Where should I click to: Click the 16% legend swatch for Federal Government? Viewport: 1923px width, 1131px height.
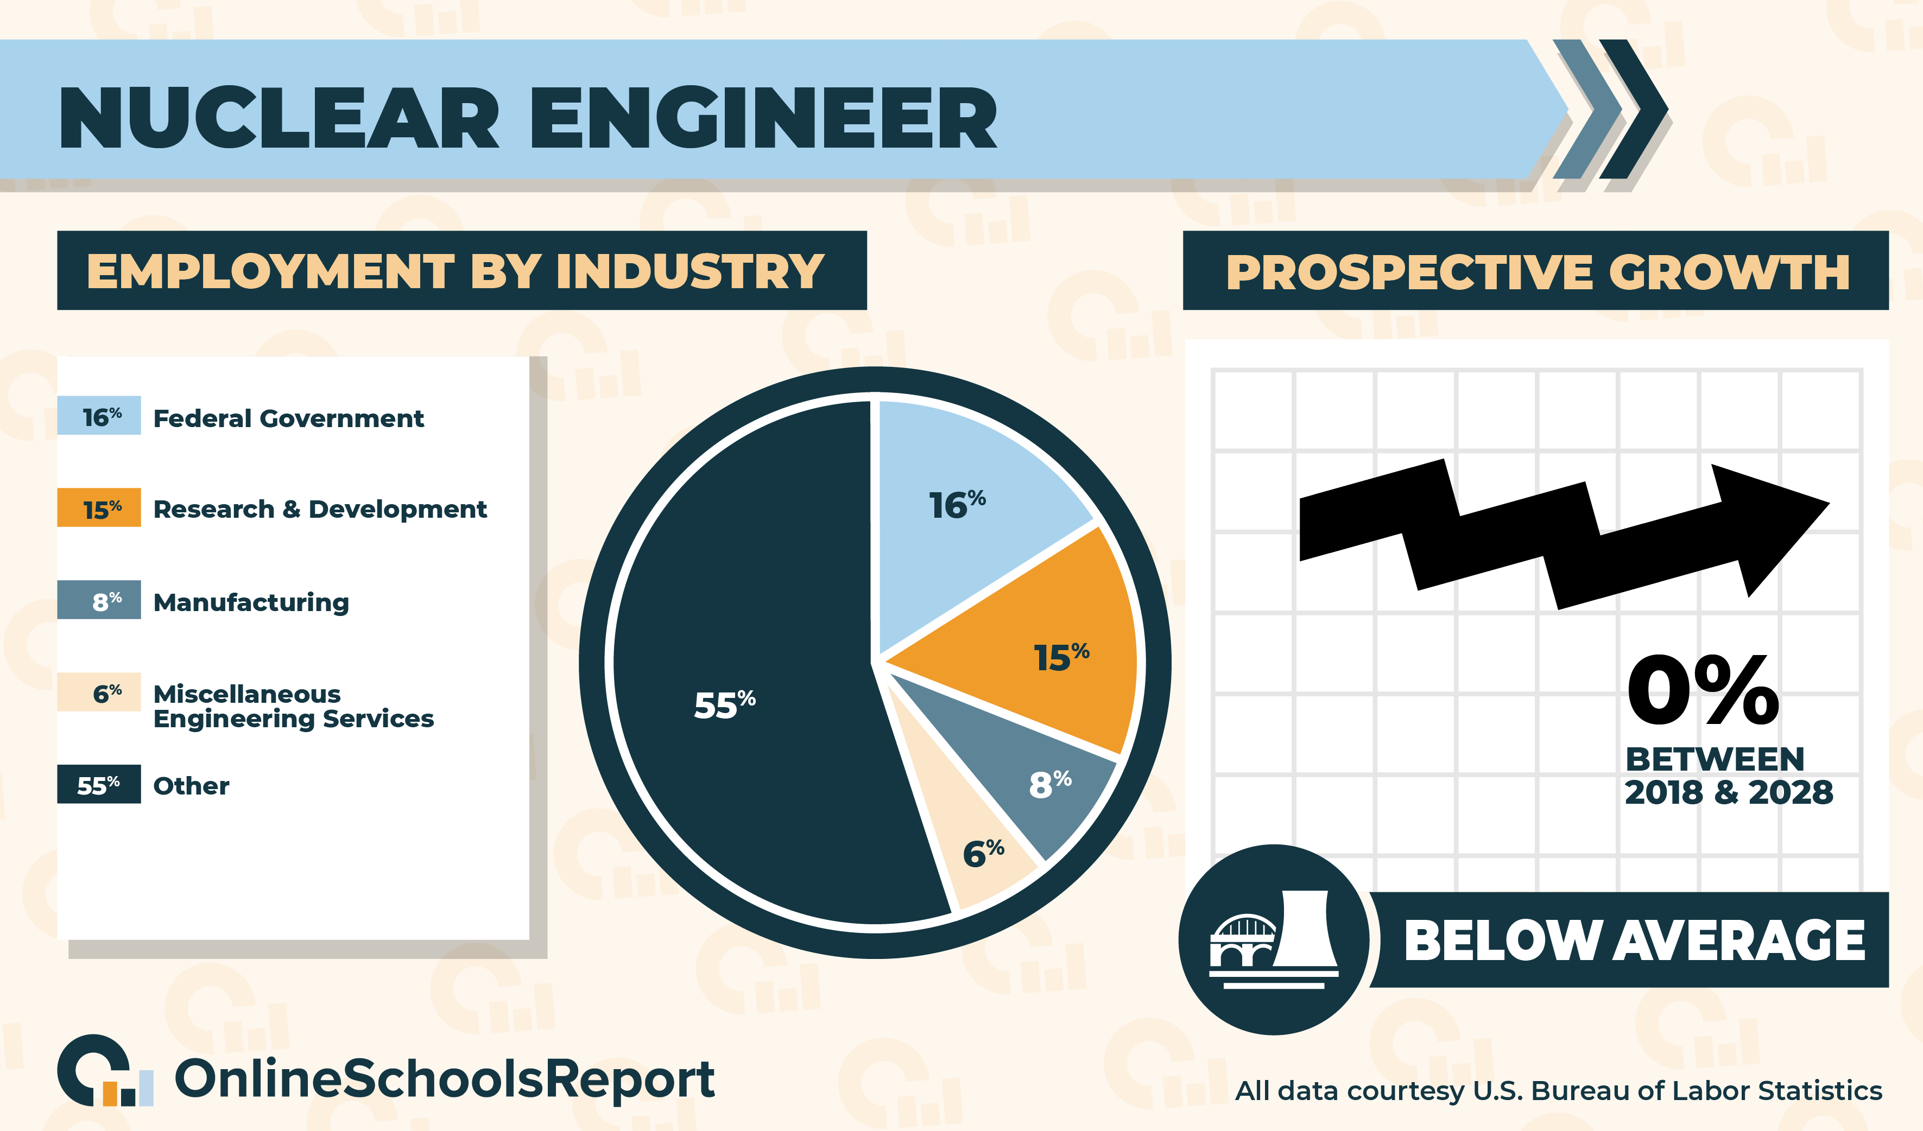(99, 416)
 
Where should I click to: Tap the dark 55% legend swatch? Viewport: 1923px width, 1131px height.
(99, 784)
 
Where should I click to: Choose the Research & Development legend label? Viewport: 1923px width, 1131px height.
(320, 509)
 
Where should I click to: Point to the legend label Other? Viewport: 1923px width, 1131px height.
(191, 785)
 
